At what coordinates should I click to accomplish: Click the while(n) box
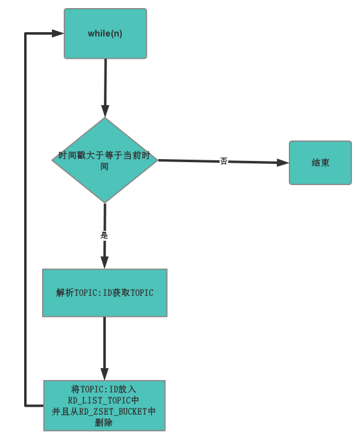105,33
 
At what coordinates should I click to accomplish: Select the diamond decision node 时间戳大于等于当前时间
105,160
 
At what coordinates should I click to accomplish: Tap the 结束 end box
320,163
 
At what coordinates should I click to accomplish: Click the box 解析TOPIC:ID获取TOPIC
105,293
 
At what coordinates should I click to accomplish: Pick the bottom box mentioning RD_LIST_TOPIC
105,405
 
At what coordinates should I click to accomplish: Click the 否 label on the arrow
223,161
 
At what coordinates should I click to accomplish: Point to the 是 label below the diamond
104,235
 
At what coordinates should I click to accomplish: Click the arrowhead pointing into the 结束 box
283,163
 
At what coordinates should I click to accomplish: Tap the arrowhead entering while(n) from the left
58,33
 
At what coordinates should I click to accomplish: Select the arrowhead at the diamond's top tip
105,111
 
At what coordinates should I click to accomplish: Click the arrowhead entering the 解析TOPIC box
105,262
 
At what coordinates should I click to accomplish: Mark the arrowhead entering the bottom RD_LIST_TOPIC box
105,374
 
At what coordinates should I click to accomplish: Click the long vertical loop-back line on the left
25,217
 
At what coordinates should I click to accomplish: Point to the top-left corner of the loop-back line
25,33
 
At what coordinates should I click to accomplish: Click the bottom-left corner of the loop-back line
25,405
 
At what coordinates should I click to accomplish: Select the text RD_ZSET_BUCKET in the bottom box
113,412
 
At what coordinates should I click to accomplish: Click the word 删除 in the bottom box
104,423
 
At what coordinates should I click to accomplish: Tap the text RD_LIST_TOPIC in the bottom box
99,400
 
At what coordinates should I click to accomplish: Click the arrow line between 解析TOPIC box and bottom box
105,343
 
